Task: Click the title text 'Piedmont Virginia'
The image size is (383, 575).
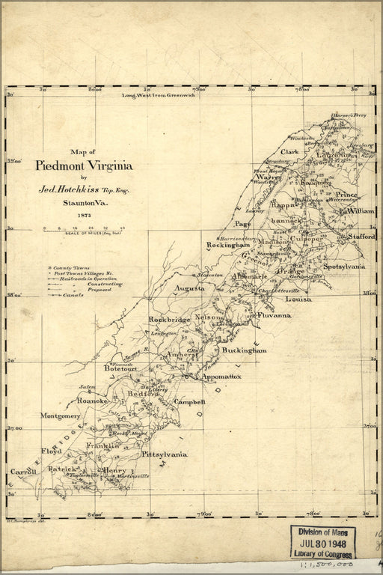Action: click(85, 166)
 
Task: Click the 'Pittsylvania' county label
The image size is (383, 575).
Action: click(163, 454)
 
